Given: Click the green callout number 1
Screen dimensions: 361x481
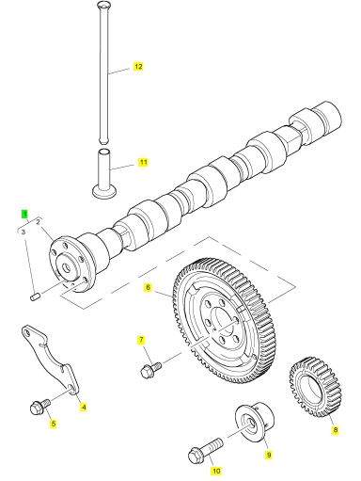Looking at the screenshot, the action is (x=24, y=215).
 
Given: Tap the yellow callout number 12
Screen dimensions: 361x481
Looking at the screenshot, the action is (x=138, y=67).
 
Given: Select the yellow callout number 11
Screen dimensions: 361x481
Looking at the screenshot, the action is (x=143, y=162).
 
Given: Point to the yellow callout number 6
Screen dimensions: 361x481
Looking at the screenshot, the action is (x=148, y=287).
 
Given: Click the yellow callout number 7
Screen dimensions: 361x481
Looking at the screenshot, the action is (x=141, y=340).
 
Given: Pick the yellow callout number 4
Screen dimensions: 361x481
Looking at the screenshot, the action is (x=84, y=408).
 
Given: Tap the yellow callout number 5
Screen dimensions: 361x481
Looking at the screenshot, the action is (x=54, y=424).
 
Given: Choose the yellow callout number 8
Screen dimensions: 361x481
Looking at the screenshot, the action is (x=336, y=430).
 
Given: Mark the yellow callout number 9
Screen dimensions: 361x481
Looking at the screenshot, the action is (x=269, y=455).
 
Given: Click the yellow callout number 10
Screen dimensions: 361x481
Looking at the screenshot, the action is (x=216, y=471).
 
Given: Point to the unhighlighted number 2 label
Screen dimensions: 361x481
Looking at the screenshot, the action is (x=38, y=222).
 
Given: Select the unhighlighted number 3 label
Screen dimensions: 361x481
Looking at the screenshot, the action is (x=23, y=232).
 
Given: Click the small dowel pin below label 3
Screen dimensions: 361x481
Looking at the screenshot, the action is (x=35, y=297).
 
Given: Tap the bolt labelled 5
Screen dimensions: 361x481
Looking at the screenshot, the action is (x=39, y=407).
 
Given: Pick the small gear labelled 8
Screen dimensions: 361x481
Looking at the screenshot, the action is (x=315, y=387).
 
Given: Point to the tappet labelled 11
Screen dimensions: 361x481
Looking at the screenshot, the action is (x=105, y=174).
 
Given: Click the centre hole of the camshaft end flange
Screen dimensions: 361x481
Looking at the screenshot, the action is (x=67, y=267).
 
